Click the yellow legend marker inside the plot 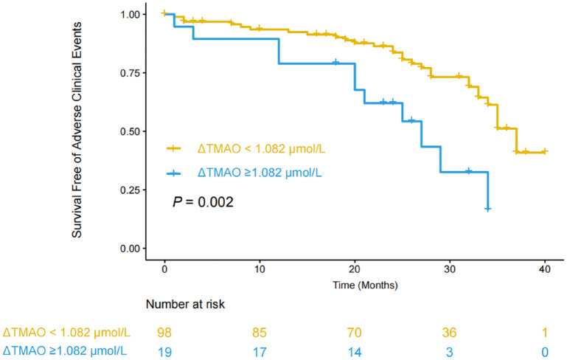tap(176, 148)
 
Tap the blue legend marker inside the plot tap(176, 173)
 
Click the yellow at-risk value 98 tap(164, 333)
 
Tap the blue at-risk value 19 tap(164, 353)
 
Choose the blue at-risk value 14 tap(355, 353)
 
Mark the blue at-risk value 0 tap(545, 353)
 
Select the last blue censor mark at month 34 tap(487, 209)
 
